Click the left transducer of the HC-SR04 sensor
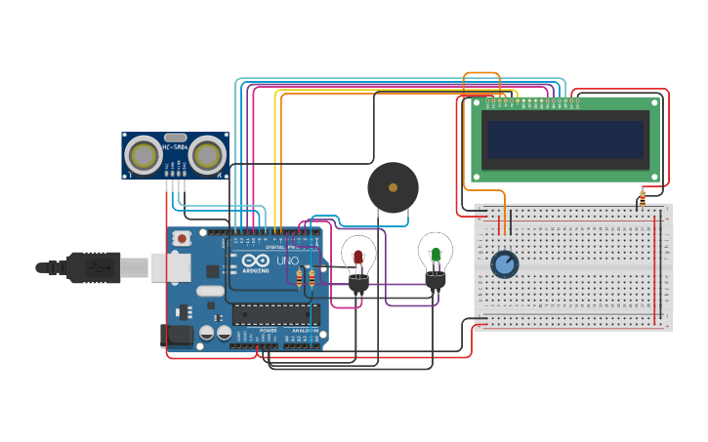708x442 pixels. point(144,155)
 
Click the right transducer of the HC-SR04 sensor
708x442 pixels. point(207,155)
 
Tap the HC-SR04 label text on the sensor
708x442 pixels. point(176,147)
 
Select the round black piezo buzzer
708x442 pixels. point(393,187)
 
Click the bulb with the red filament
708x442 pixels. point(358,256)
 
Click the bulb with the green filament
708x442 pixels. point(436,253)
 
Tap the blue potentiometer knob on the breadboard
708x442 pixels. point(504,264)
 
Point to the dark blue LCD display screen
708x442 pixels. point(566,140)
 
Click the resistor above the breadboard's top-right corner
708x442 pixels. point(642,197)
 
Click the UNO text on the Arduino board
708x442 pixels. point(288,261)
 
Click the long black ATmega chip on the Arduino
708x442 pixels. point(275,314)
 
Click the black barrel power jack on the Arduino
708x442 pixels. point(177,336)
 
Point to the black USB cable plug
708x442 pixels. point(94,266)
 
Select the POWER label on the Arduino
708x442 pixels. point(268,331)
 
